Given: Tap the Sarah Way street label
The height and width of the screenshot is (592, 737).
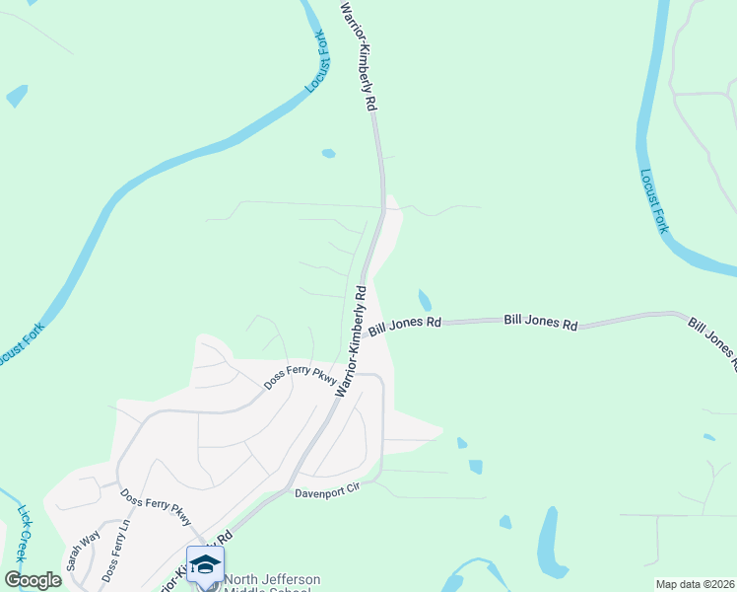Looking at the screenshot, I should (x=84, y=553).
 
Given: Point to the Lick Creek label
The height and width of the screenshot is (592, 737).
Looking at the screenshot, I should (x=25, y=532).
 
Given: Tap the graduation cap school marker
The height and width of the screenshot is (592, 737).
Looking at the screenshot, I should (x=205, y=565).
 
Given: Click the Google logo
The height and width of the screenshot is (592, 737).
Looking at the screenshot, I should (x=32, y=580).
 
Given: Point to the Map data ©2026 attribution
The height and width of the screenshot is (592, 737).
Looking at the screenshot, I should (x=695, y=584).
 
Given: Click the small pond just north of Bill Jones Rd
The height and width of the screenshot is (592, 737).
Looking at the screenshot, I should (x=425, y=299).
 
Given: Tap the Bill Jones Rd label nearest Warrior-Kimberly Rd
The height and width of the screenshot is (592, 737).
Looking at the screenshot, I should (x=406, y=325).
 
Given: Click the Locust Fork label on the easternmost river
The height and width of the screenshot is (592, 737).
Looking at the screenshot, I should (x=653, y=201).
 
